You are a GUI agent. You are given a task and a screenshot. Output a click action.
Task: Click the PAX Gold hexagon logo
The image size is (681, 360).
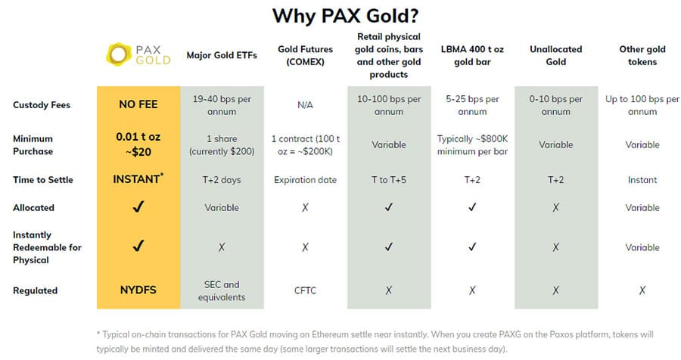119,55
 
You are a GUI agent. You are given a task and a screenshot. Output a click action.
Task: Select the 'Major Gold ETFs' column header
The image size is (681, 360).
222,55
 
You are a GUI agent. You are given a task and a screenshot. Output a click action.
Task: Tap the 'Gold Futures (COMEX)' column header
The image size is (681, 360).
305,55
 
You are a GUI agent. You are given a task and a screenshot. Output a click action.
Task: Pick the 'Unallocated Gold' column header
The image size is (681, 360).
555,55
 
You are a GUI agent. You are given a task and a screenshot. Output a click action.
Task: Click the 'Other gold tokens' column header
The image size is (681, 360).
642,55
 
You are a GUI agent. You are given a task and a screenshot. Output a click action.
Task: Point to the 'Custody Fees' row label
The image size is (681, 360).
42,104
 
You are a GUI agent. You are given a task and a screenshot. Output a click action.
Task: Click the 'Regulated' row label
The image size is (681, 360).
36,290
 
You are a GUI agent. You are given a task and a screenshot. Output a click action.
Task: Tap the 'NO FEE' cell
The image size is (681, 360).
138,104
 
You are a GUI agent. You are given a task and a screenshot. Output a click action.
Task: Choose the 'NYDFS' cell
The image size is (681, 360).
138,290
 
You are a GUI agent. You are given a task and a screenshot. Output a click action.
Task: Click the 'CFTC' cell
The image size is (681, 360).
305,290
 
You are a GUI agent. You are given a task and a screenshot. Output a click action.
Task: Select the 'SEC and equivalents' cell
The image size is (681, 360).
222,290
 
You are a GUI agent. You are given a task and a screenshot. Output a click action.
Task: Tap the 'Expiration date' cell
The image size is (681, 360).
305,180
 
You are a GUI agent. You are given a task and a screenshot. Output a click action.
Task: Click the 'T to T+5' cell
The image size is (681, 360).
388,180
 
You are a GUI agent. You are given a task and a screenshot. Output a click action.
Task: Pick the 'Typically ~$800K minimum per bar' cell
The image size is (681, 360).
472,144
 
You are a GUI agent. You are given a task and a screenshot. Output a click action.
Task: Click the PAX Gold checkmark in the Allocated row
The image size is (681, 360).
138,207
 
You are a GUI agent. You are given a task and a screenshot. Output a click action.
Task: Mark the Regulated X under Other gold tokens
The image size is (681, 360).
642,290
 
